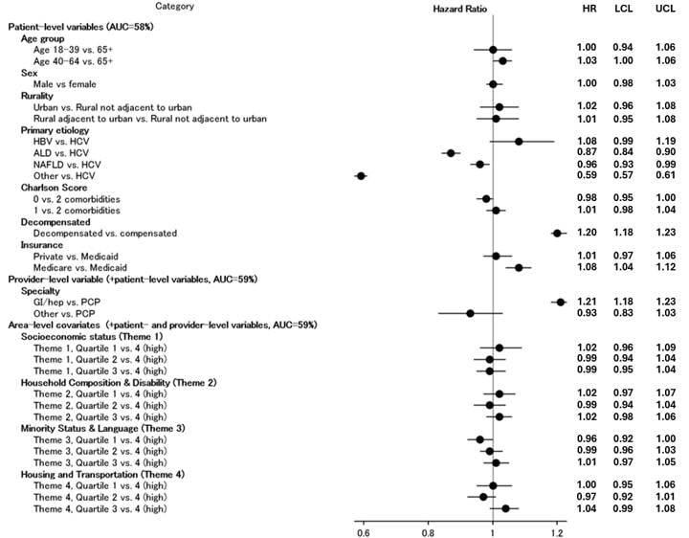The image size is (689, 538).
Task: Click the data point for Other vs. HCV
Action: (x=361, y=176)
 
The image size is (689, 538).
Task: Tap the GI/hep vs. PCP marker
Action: (x=560, y=302)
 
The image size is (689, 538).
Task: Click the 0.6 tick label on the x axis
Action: (x=363, y=527)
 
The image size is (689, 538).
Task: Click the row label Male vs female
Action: (x=64, y=84)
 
